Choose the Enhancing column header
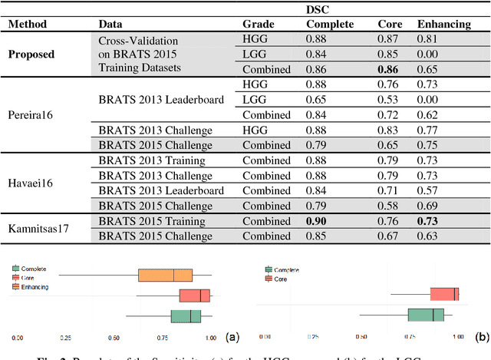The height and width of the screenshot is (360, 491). [443, 24]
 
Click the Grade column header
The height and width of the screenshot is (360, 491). [258, 24]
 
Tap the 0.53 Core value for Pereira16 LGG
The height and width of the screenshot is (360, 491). [390, 99]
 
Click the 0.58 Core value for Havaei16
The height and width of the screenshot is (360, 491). [390, 206]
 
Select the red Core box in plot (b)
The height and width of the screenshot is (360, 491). [444, 294]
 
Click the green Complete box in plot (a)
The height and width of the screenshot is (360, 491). [185, 316]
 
